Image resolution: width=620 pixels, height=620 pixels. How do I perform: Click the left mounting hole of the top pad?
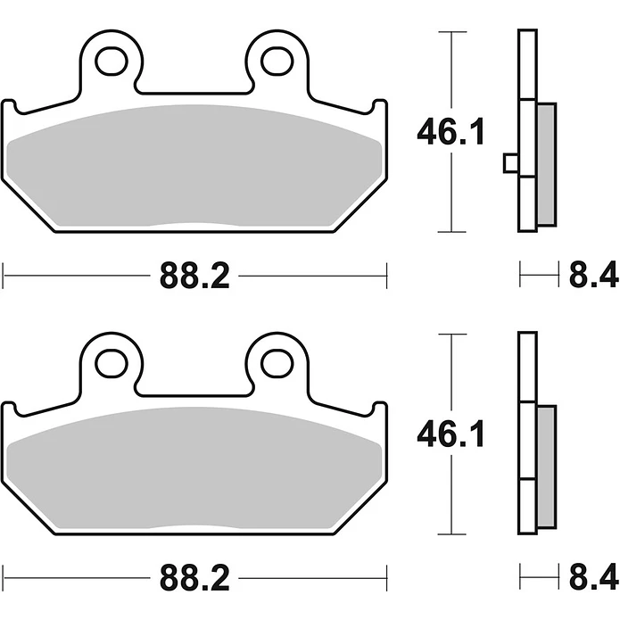[x=112, y=62]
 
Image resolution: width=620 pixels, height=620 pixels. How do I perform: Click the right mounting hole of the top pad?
[x=277, y=62]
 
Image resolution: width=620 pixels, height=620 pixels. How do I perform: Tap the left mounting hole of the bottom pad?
[x=112, y=363]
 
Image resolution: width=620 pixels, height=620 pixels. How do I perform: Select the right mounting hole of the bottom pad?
[x=277, y=363]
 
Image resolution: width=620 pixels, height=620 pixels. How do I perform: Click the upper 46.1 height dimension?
[x=451, y=132]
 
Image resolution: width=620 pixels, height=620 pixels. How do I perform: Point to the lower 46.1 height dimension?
[x=451, y=434]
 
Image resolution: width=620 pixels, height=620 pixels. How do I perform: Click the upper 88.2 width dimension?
[x=194, y=276]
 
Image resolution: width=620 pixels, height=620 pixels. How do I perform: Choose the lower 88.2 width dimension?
[x=194, y=578]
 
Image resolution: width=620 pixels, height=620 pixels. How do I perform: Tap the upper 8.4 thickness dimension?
[x=593, y=275]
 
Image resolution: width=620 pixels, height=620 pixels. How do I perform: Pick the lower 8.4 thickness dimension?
[x=593, y=577]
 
